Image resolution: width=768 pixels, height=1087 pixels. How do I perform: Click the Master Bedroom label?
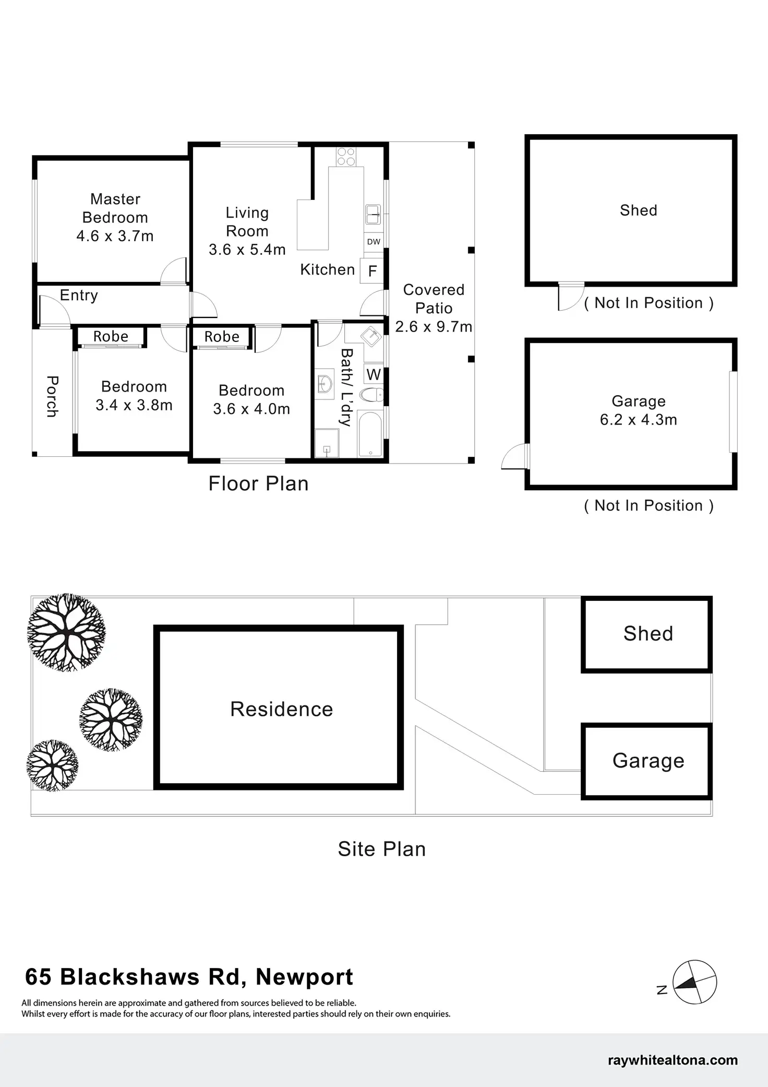[x=115, y=208]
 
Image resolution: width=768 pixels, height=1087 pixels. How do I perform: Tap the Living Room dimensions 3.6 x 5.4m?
[x=247, y=250]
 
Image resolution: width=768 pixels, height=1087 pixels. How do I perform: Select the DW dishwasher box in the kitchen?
[x=374, y=242]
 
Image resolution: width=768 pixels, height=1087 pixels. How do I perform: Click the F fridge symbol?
[x=373, y=271]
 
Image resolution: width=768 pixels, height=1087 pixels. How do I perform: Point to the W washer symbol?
[x=374, y=374]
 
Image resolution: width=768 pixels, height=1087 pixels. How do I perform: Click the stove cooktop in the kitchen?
[x=346, y=157]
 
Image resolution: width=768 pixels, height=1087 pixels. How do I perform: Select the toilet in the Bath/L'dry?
[x=373, y=394]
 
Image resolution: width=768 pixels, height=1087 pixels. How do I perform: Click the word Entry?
[x=79, y=296]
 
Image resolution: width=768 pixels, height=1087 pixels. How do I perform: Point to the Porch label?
[x=52, y=396]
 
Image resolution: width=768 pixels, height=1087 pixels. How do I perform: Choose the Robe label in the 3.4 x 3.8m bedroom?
[x=111, y=337]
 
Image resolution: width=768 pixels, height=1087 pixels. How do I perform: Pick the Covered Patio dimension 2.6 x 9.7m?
[x=434, y=327]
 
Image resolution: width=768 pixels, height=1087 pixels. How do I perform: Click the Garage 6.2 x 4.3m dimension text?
[x=638, y=420]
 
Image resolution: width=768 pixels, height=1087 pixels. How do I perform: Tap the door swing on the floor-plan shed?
[x=570, y=297]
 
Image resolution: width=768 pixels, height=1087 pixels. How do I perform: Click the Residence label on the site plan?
[x=281, y=709]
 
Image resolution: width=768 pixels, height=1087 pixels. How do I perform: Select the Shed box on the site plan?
[x=647, y=634]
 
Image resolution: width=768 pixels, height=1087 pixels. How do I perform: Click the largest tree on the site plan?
[x=66, y=632]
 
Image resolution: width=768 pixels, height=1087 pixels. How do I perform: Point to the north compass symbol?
[x=694, y=982]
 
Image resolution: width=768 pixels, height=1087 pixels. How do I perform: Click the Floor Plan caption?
[x=258, y=483]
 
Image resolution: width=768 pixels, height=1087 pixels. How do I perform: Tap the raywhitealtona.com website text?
[x=673, y=1060]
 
